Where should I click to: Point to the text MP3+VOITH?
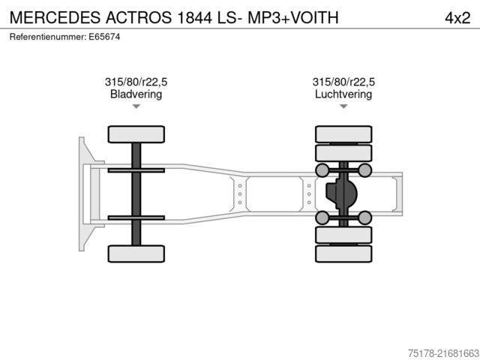(299, 18)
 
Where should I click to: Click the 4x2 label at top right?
(457, 18)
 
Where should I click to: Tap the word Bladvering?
(136, 94)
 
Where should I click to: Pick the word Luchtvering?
(343, 94)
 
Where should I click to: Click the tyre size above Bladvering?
(136, 82)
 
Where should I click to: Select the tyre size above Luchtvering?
(343, 82)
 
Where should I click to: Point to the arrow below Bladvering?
(136, 106)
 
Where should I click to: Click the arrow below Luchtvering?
(343, 106)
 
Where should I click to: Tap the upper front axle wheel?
(136, 134)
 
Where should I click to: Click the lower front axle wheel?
(136, 253)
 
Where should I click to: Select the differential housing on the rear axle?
(341, 194)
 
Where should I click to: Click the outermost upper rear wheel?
(343, 134)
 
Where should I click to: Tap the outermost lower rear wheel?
(343, 254)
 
